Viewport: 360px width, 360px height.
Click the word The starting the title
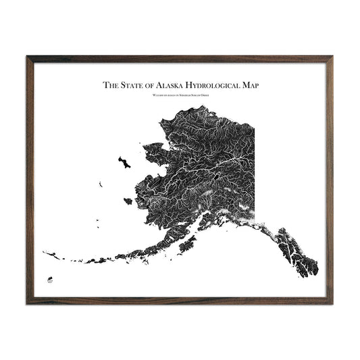point(109,86)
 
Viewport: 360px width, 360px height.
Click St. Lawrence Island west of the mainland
point(124,162)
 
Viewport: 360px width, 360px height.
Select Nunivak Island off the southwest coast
point(126,200)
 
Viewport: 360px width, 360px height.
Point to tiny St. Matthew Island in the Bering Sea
point(99,183)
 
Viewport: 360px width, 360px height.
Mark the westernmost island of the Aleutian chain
point(45,253)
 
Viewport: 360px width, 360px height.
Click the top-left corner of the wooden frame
point(28,57)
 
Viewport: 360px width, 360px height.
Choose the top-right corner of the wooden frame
point(331,57)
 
